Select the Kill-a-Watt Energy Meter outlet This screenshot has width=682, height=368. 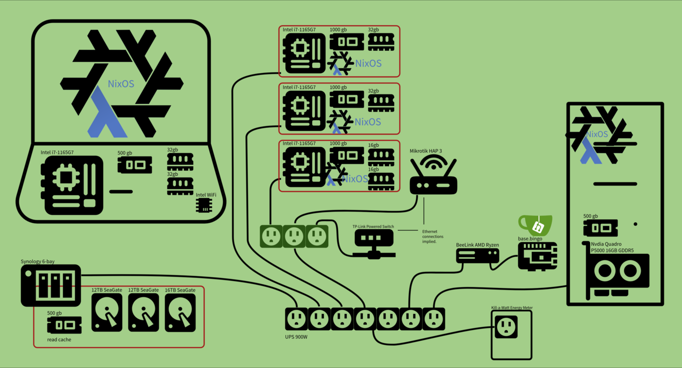tap(506, 327)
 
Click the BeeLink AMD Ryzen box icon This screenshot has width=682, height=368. tap(477, 255)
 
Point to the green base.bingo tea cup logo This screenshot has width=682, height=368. tap(535, 225)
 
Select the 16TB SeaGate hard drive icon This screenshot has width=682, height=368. tap(180, 314)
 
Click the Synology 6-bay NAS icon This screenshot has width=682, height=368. tap(50, 285)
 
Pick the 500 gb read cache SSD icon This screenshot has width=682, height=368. tap(64, 326)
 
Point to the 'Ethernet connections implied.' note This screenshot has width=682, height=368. tap(433, 236)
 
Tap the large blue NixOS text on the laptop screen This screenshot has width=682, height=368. tap(121, 84)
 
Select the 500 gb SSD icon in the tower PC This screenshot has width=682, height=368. tap(601, 228)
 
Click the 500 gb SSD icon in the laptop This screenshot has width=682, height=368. tap(134, 165)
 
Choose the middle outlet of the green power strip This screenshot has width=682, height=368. tap(294, 236)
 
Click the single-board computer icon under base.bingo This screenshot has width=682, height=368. tap(537, 256)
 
